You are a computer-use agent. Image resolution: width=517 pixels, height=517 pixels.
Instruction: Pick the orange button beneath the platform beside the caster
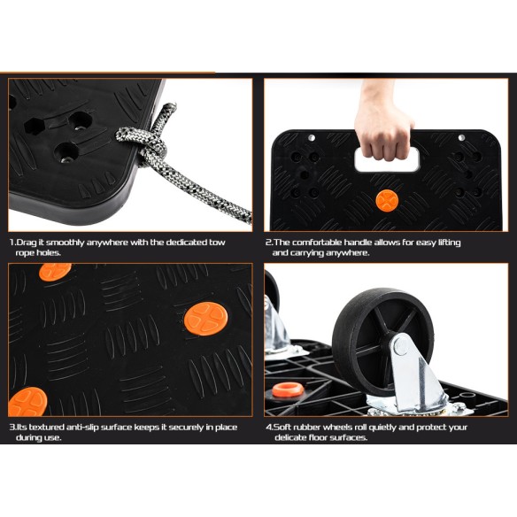288,389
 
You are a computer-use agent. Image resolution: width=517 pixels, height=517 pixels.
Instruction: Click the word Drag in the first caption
27,242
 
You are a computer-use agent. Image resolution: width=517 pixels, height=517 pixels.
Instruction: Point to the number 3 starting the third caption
12,427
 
